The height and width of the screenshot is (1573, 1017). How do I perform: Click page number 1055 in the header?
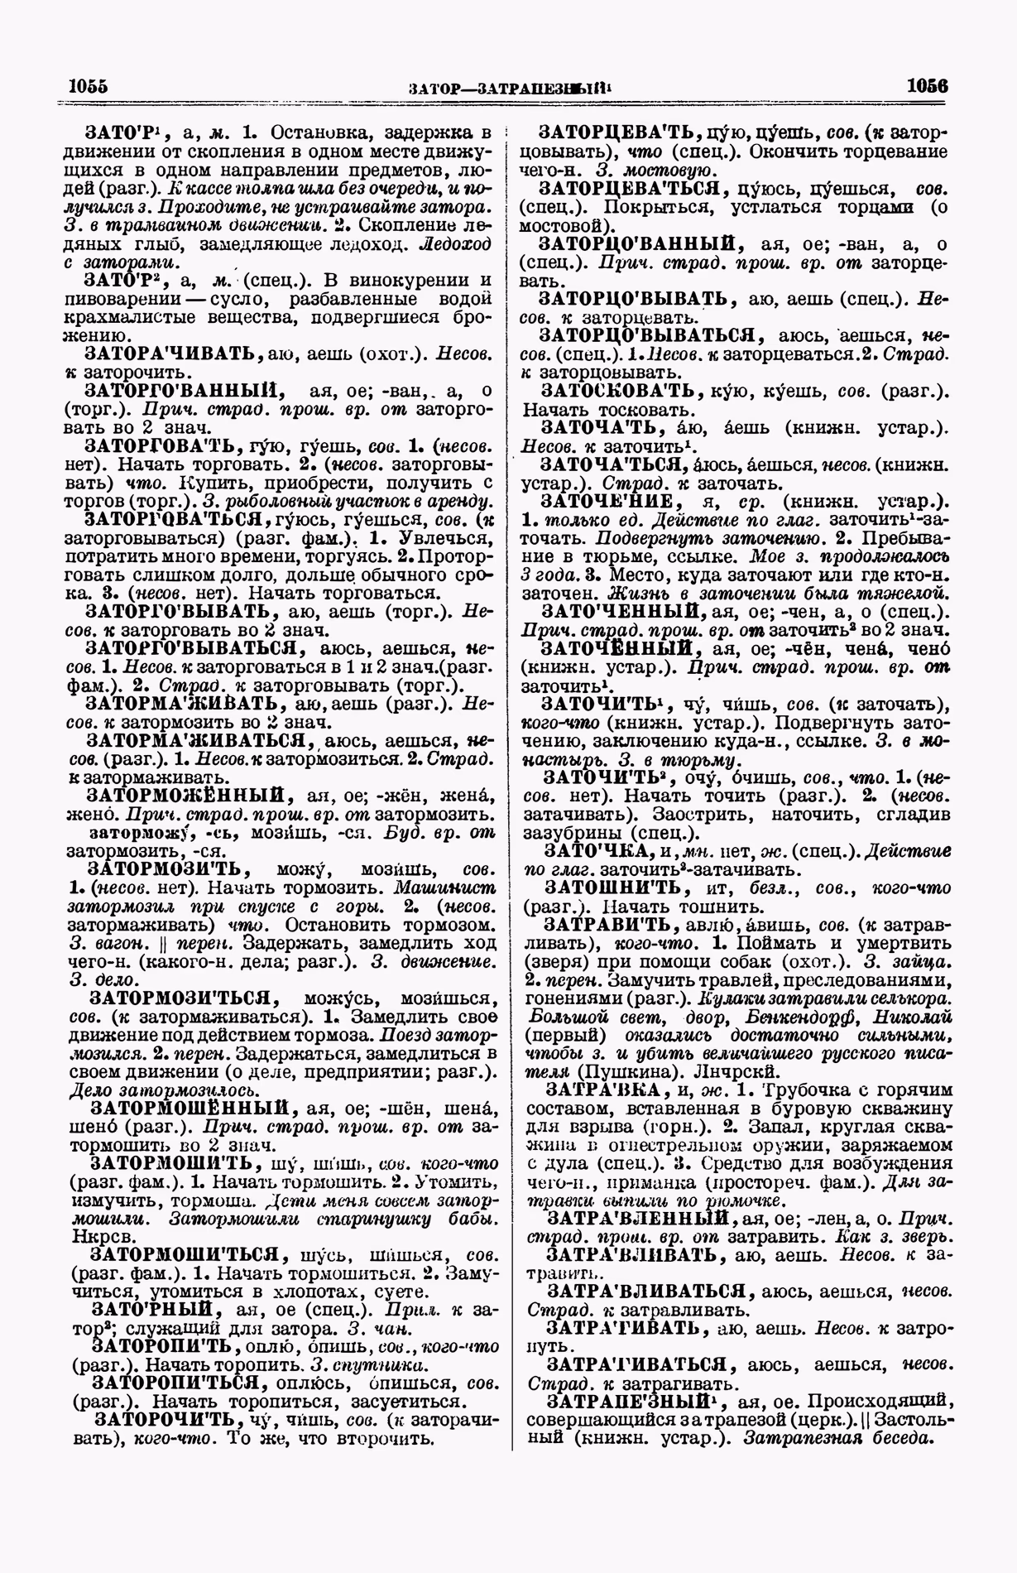pyautogui.click(x=89, y=86)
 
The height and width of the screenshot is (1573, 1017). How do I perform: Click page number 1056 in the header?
pyautogui.click(x=927, y=86)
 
